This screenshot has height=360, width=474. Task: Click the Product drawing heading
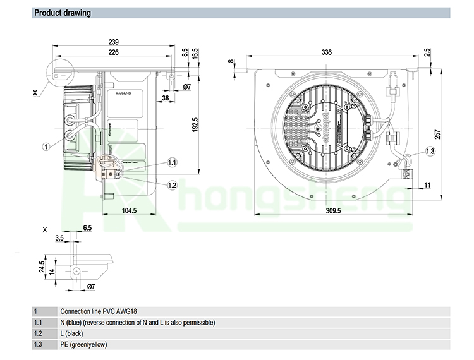[62, 13]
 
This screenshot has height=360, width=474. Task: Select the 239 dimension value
[114, 42]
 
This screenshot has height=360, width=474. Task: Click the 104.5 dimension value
[129, 210]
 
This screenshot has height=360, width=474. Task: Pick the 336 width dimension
[326, 52]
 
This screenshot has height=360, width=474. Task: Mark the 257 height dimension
[437, 135]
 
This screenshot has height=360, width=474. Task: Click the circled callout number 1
[46, 146]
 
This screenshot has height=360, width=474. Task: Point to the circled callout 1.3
[430, 151]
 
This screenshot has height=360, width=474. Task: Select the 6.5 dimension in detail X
[87, 227]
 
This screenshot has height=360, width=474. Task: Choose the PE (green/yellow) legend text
[83, 344]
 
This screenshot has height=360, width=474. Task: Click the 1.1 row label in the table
[37, 322]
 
